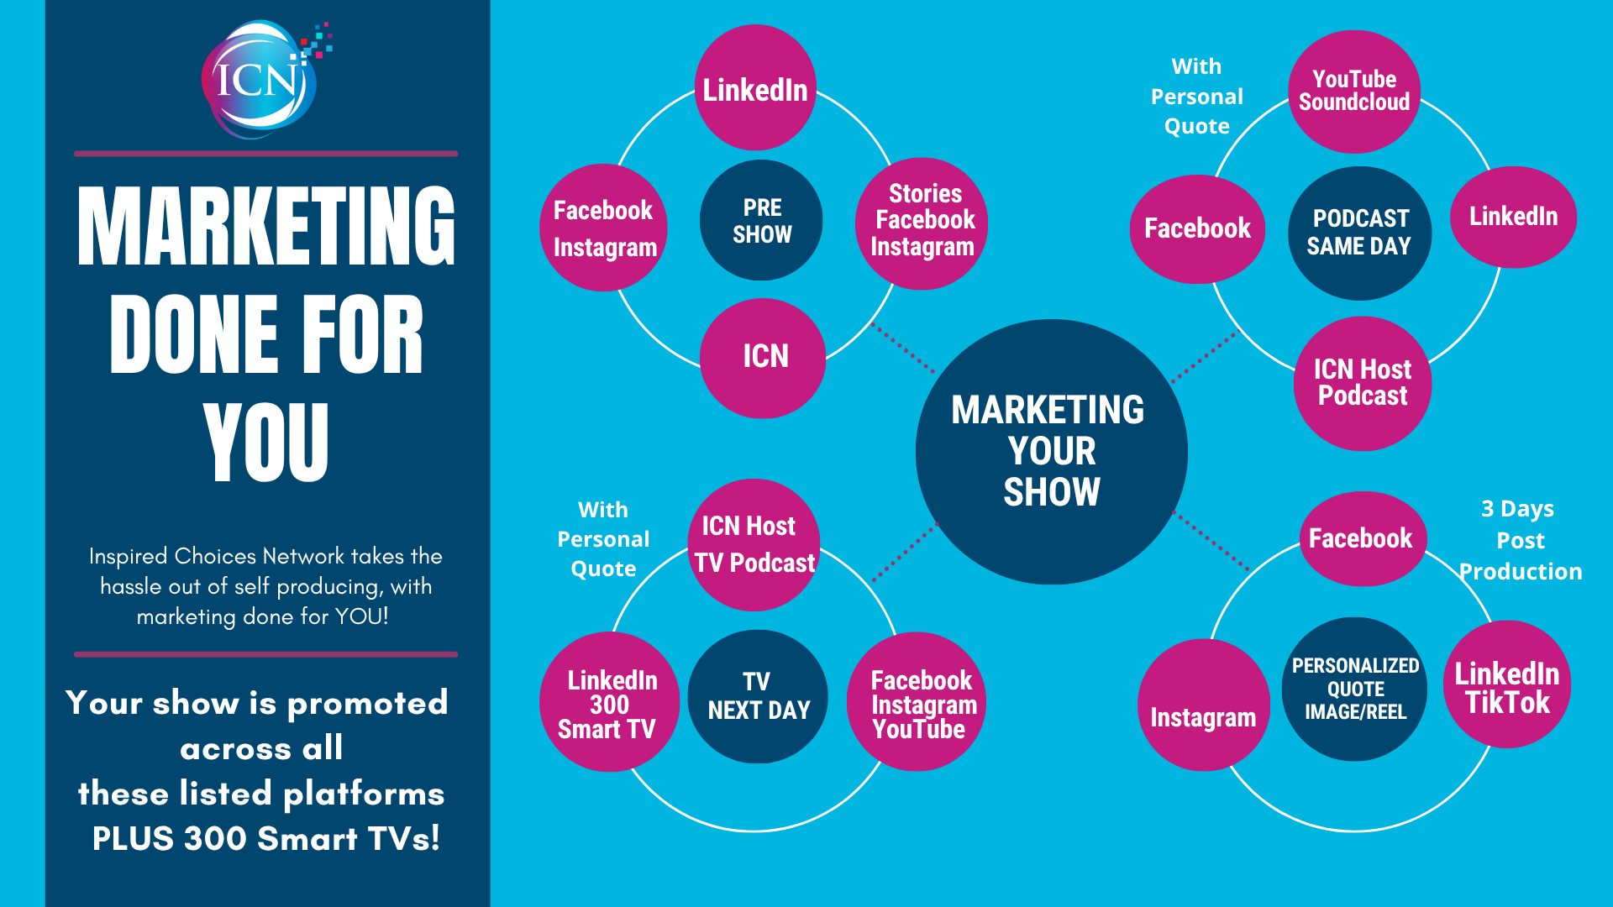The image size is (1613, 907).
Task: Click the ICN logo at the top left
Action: pyautogui.click(x=260, y=81)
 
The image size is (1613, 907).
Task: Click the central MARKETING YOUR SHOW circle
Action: pyautogui.click(x=1051, y=452)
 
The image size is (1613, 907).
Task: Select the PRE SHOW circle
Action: pyautogui.click(x=761, y=221)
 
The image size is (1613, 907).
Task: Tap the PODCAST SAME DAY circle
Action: pyautogui.click(x=1359, y=233)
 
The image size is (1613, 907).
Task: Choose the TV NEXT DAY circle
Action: pyautogui.click(x=758, y=696)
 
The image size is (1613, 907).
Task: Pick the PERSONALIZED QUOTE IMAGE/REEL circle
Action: pyautogui.click(x=1354, y=689)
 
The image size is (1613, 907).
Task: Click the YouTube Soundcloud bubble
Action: pyautogui.click(x=1354, y=92)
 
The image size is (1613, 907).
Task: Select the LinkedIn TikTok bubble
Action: pyautogui.click(x=1507, y=685)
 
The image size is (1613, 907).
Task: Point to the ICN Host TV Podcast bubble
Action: pyautogui.click(x=754, y=544)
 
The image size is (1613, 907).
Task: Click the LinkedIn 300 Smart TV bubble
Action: pyautogui.click(x=609, y=703)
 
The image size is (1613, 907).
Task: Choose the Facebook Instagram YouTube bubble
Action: pyautogui.click(x=920, y=703)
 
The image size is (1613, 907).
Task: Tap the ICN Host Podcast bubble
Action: pyautogui.click(x=1363, y=383)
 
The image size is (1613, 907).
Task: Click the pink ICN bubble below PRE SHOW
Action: pyautogui.click(x=764, y=357)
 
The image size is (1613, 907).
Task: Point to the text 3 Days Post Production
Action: pyautogui.click(x=1520, y=540)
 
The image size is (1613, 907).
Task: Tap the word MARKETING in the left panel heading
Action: pyautogui.click(x=265, y=227)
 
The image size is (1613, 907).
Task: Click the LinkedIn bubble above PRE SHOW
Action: pyautogui.click(x=755, y=88)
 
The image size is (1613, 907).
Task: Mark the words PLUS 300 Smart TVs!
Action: pyautogui.click(x=265, y=838)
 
